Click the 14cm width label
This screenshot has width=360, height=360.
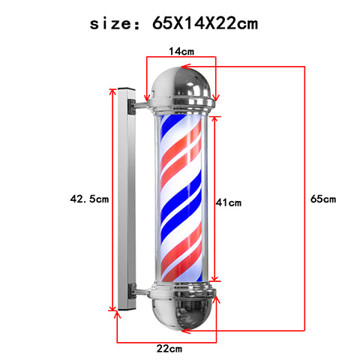pyautogui.click(x=181, y=51)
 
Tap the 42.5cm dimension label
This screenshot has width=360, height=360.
pyautogui.click(x=89, y=199)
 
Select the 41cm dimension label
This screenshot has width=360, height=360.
pyautogui.click(x=229, y=202)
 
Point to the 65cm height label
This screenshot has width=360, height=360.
pyautogui.click(x=323, y=199)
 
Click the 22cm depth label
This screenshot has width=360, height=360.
pyautogui.click(x=169, y=349)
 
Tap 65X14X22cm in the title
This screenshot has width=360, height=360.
pyautogui.click(x=205, y=23)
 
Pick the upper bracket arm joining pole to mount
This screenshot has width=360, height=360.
pyautogui.click(x=141, y=105)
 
